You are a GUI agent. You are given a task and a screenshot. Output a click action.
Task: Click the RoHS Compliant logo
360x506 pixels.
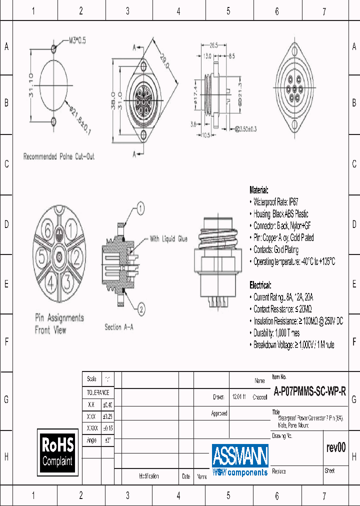57,451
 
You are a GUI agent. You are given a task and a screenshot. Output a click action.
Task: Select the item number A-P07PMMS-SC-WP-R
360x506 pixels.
309,392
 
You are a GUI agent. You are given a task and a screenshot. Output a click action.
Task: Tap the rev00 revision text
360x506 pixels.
335,447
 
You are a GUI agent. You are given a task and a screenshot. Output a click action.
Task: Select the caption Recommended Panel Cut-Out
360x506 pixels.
58,156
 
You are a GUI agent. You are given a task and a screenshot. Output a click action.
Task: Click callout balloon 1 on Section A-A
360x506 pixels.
140,208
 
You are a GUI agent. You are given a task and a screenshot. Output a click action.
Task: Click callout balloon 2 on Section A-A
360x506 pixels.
140,309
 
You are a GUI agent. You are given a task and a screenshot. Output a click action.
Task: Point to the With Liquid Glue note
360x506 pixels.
168,239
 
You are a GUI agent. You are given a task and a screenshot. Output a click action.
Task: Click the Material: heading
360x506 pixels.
259,190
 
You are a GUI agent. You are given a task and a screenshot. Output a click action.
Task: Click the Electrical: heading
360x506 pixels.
260,285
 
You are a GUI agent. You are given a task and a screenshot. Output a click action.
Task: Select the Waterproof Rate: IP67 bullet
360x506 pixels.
276,202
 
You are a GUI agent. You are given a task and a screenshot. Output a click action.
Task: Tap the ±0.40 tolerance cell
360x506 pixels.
107,404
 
